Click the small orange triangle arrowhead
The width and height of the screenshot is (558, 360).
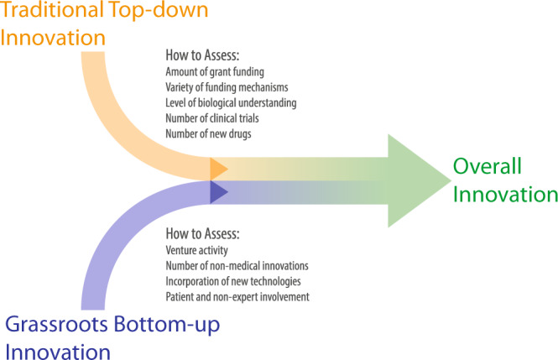tap(217, 168)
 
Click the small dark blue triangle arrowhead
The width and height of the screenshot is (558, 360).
tap(217, 192)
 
